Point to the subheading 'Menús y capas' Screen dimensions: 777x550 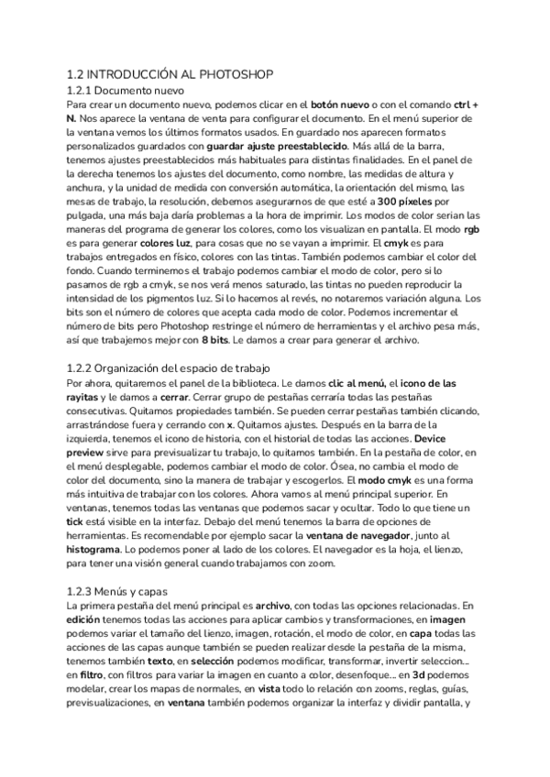[x=136, y=591]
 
